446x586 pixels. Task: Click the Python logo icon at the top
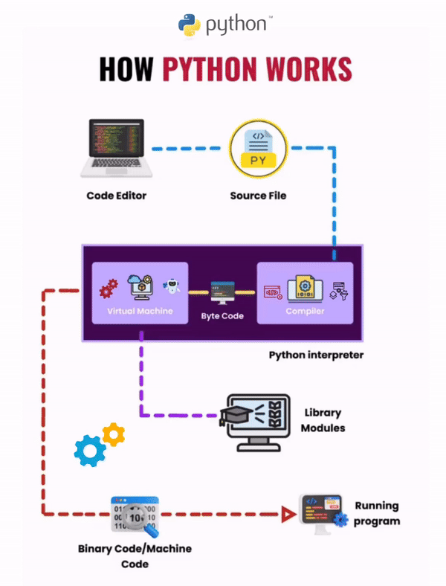190,25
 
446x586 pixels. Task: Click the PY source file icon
258,148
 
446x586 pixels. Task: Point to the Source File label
258,196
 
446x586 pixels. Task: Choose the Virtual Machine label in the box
140,311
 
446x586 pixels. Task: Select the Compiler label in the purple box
305,311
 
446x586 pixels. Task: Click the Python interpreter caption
316,355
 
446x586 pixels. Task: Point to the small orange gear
114,434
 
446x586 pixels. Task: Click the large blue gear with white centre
91,450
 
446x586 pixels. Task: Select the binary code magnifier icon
135,516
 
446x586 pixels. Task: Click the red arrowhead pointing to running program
286,513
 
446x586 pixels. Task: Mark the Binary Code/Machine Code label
135,556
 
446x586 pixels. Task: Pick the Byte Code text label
222,317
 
